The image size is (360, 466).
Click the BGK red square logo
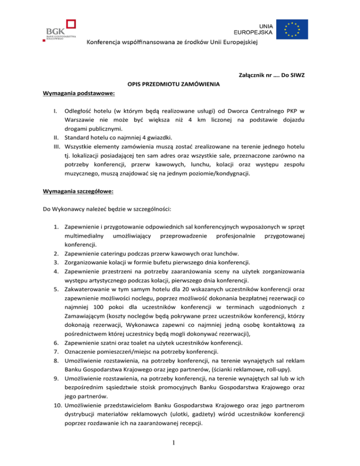pos(72,25)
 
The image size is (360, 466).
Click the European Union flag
pos(292,29)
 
